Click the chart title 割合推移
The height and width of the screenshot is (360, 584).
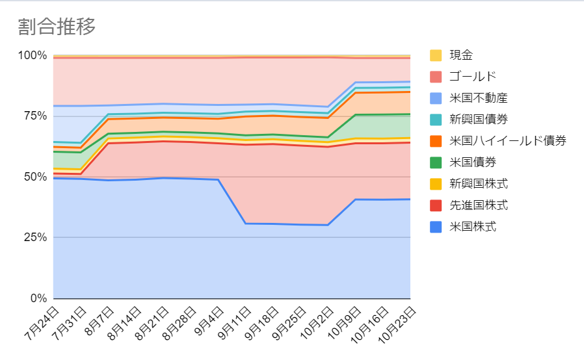tap(57, 27)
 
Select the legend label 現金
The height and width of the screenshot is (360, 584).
tap(461, 55)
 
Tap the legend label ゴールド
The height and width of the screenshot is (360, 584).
tap(473, 76)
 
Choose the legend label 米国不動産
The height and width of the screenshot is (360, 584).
tap(478, 98)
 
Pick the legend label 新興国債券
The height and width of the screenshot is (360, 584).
tap(478, 119)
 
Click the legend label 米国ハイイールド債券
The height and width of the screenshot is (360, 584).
tap(508, 141)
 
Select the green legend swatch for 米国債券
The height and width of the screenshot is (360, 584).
tap(436, 162)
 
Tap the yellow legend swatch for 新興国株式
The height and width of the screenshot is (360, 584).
tap(436, 184)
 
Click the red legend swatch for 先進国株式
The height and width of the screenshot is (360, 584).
tap(436, 205)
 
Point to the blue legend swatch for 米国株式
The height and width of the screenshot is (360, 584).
tap(436, 227)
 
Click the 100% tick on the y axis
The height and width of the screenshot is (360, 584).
tap(33, 55)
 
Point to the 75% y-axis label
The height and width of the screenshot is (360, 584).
tap(35, 116)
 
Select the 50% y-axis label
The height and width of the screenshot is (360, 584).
tap(35, 177)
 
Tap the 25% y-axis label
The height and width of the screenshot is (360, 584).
tap(35, 237)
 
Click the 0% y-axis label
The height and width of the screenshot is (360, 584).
tap(39, 298)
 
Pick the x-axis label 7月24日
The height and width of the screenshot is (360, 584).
tap(42, 323)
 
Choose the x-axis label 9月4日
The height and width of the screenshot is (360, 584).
tap(209, 321)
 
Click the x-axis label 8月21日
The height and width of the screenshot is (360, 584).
tap(152, 323)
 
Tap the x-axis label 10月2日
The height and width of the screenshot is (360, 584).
tap(317, 322)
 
